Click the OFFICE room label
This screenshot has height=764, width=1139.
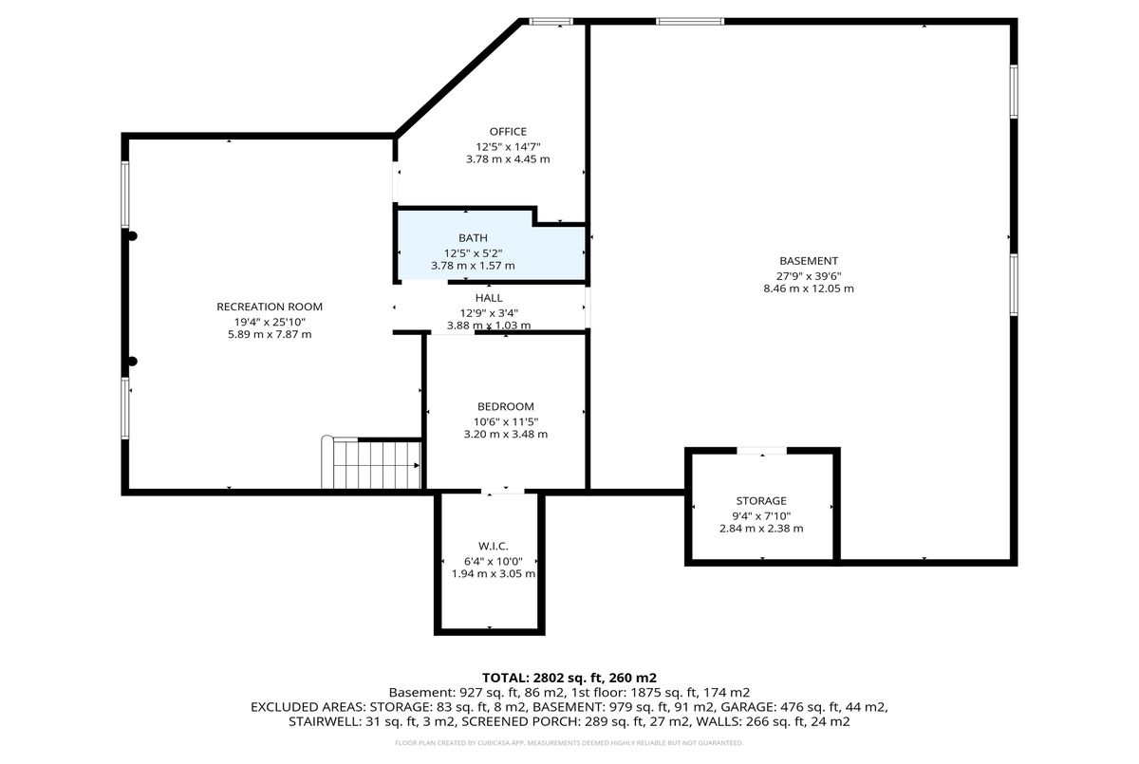[508, 132]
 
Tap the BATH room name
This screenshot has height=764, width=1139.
[473, 238]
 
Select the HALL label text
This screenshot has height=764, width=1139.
[489, 298]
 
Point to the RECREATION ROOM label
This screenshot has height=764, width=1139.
[270, 307]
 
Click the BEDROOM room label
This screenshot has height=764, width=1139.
[505, 406]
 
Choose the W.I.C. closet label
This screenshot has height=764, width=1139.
[494, 547]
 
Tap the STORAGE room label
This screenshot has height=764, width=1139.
[761, 501]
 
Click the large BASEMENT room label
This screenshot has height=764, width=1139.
[809, 261]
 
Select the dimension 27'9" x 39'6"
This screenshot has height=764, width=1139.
[809, 276]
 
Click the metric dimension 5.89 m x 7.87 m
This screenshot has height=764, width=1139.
[270, 334]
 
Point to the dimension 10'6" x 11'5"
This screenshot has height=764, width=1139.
[505, 421]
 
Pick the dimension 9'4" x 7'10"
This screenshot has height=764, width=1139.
[761, 516]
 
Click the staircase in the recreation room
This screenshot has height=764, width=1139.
[372, 462]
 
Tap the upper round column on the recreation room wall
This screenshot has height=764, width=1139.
[132, 236]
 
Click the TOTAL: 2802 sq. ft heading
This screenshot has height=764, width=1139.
[569, 678]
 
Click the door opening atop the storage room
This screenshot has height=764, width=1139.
[761, 451]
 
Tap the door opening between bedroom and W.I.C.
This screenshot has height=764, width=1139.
[503, 492]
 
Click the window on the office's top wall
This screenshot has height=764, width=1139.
[551, 21]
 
